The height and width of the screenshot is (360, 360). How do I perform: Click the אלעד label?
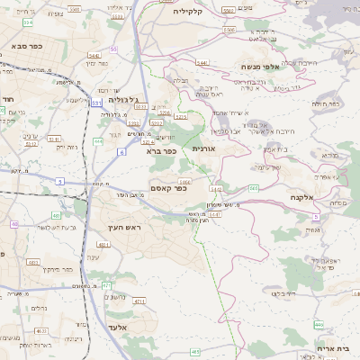click(116, 327)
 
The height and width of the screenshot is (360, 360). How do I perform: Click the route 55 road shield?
click(113, 49)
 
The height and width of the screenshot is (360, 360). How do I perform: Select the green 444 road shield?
click(98, 141)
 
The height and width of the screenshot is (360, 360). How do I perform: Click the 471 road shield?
click(105, 285)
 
